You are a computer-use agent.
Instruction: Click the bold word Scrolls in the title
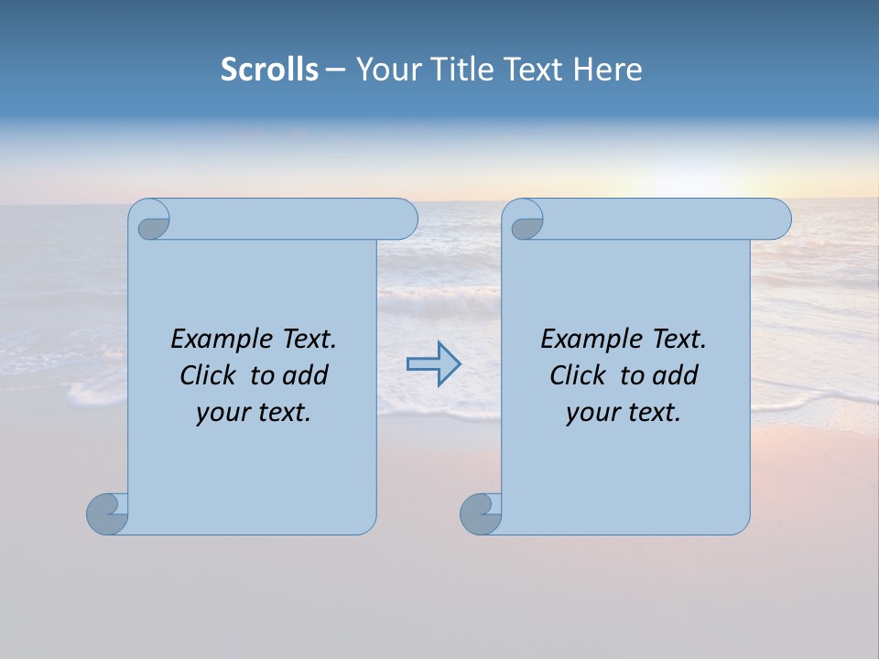pos(269,70)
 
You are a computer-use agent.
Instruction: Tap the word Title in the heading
pos(470,70)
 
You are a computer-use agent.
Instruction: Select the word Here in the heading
pos(607,70)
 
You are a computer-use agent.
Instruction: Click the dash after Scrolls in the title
pos(335,70)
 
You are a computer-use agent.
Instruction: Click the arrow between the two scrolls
pos(433,363)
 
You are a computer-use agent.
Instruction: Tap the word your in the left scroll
pos(220,413)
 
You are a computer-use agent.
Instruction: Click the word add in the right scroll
pos(676,375)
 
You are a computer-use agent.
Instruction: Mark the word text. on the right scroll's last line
pos(653,413)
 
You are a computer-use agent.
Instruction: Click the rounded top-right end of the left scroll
pos(404,220)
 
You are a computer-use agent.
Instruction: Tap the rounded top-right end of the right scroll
pos(777,220)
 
